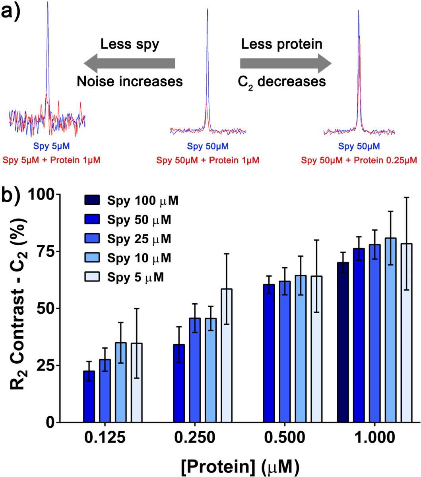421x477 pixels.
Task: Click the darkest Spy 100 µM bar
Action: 343,342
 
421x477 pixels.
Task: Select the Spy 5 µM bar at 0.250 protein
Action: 227,355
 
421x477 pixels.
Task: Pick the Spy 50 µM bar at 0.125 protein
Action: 89,397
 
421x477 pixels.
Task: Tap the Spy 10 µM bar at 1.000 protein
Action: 391,330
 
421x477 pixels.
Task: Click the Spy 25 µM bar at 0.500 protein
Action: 285,352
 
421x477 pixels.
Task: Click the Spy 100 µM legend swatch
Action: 92,200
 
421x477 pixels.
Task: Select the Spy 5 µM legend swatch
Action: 92,277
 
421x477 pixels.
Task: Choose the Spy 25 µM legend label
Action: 139,239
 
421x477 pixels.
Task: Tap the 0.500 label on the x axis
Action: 285,438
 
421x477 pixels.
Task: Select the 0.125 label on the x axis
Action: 105,438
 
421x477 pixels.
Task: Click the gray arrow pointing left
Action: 130,63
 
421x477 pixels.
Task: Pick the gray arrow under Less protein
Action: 286,63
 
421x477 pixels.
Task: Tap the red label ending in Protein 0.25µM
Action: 359,160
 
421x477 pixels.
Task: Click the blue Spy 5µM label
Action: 51,146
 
